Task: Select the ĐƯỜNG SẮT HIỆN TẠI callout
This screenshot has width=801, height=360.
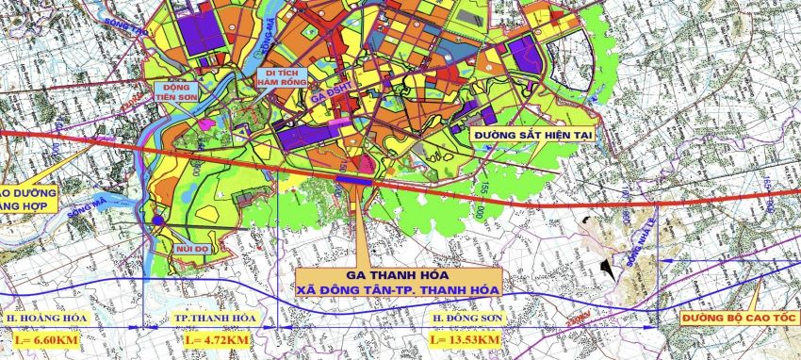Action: [533, 136]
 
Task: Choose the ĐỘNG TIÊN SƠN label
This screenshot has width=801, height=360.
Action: [177, 90]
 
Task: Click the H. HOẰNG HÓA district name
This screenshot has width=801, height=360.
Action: [41, 319]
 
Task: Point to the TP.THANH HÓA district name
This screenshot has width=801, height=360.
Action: [216, 319]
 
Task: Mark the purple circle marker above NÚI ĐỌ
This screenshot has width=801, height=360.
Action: [158, 221]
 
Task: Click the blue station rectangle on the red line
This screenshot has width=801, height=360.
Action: [354, 177]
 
